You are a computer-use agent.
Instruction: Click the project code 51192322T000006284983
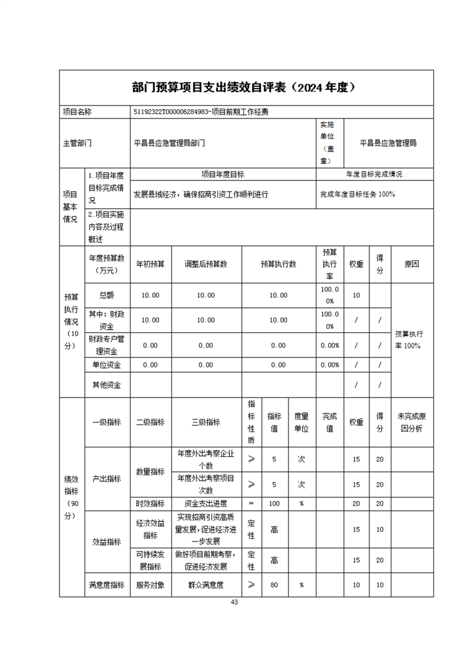tap(172, 112)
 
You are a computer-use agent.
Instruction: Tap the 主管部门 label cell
tap(77, 143)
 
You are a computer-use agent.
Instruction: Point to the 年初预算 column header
tap(150, 264)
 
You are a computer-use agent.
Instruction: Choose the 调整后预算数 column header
tap(206, 264)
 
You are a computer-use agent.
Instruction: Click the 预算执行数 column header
tap(279, 264)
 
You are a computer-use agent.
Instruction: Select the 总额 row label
tap(107, 295)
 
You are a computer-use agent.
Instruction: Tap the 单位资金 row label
tap(107, 365)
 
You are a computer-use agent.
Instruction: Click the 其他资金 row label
tap(107, 385)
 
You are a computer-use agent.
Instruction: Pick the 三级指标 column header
tap(206, 422)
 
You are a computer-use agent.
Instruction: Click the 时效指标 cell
tap(150, 503)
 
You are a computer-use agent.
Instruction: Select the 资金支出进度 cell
tap(206, 503)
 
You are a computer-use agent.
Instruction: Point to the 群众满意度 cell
tap(206, 585)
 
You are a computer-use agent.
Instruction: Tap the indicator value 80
tap(274, 585)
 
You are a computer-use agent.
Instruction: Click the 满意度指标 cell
tap(107, 585)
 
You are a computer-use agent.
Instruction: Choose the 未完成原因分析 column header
tap(412, 422)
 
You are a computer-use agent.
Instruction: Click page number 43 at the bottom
tap(234, 602)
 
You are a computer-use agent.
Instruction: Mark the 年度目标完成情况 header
tap(374, 175)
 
